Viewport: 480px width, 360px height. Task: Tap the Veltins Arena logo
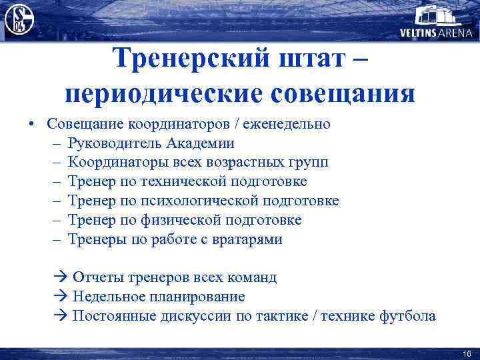437,21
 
